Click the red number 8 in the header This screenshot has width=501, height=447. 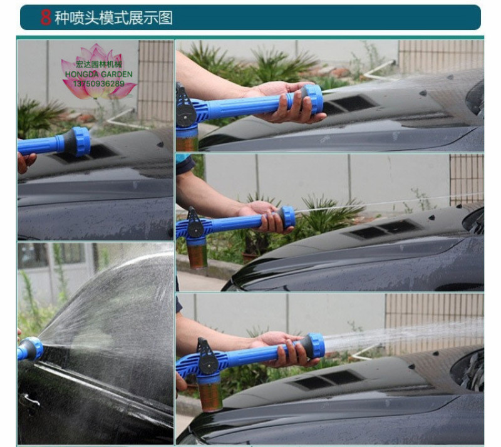click(x=45, y=18)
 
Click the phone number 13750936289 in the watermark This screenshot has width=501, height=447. click(x=99, y=84)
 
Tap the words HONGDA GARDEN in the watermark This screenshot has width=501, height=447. click(x=99, y=74)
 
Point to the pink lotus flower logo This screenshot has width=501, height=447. click(x=99, y=71)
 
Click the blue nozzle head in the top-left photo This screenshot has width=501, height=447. click(x=76, y=141)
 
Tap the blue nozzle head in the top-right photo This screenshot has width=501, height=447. click(x=312, y=99)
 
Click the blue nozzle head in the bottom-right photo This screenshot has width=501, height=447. click(x=314, y=346)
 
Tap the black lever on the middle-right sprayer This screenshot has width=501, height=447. click(x=195, y=223)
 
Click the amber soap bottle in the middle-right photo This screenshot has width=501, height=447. click(x=198, y=255)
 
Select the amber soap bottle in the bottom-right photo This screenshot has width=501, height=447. click(x=210, y=396)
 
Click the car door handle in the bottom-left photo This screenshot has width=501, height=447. click(x=29, y=399)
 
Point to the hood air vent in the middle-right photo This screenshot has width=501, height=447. click(x=383, y=229)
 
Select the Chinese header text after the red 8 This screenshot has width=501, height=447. click(x=113, y=18)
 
